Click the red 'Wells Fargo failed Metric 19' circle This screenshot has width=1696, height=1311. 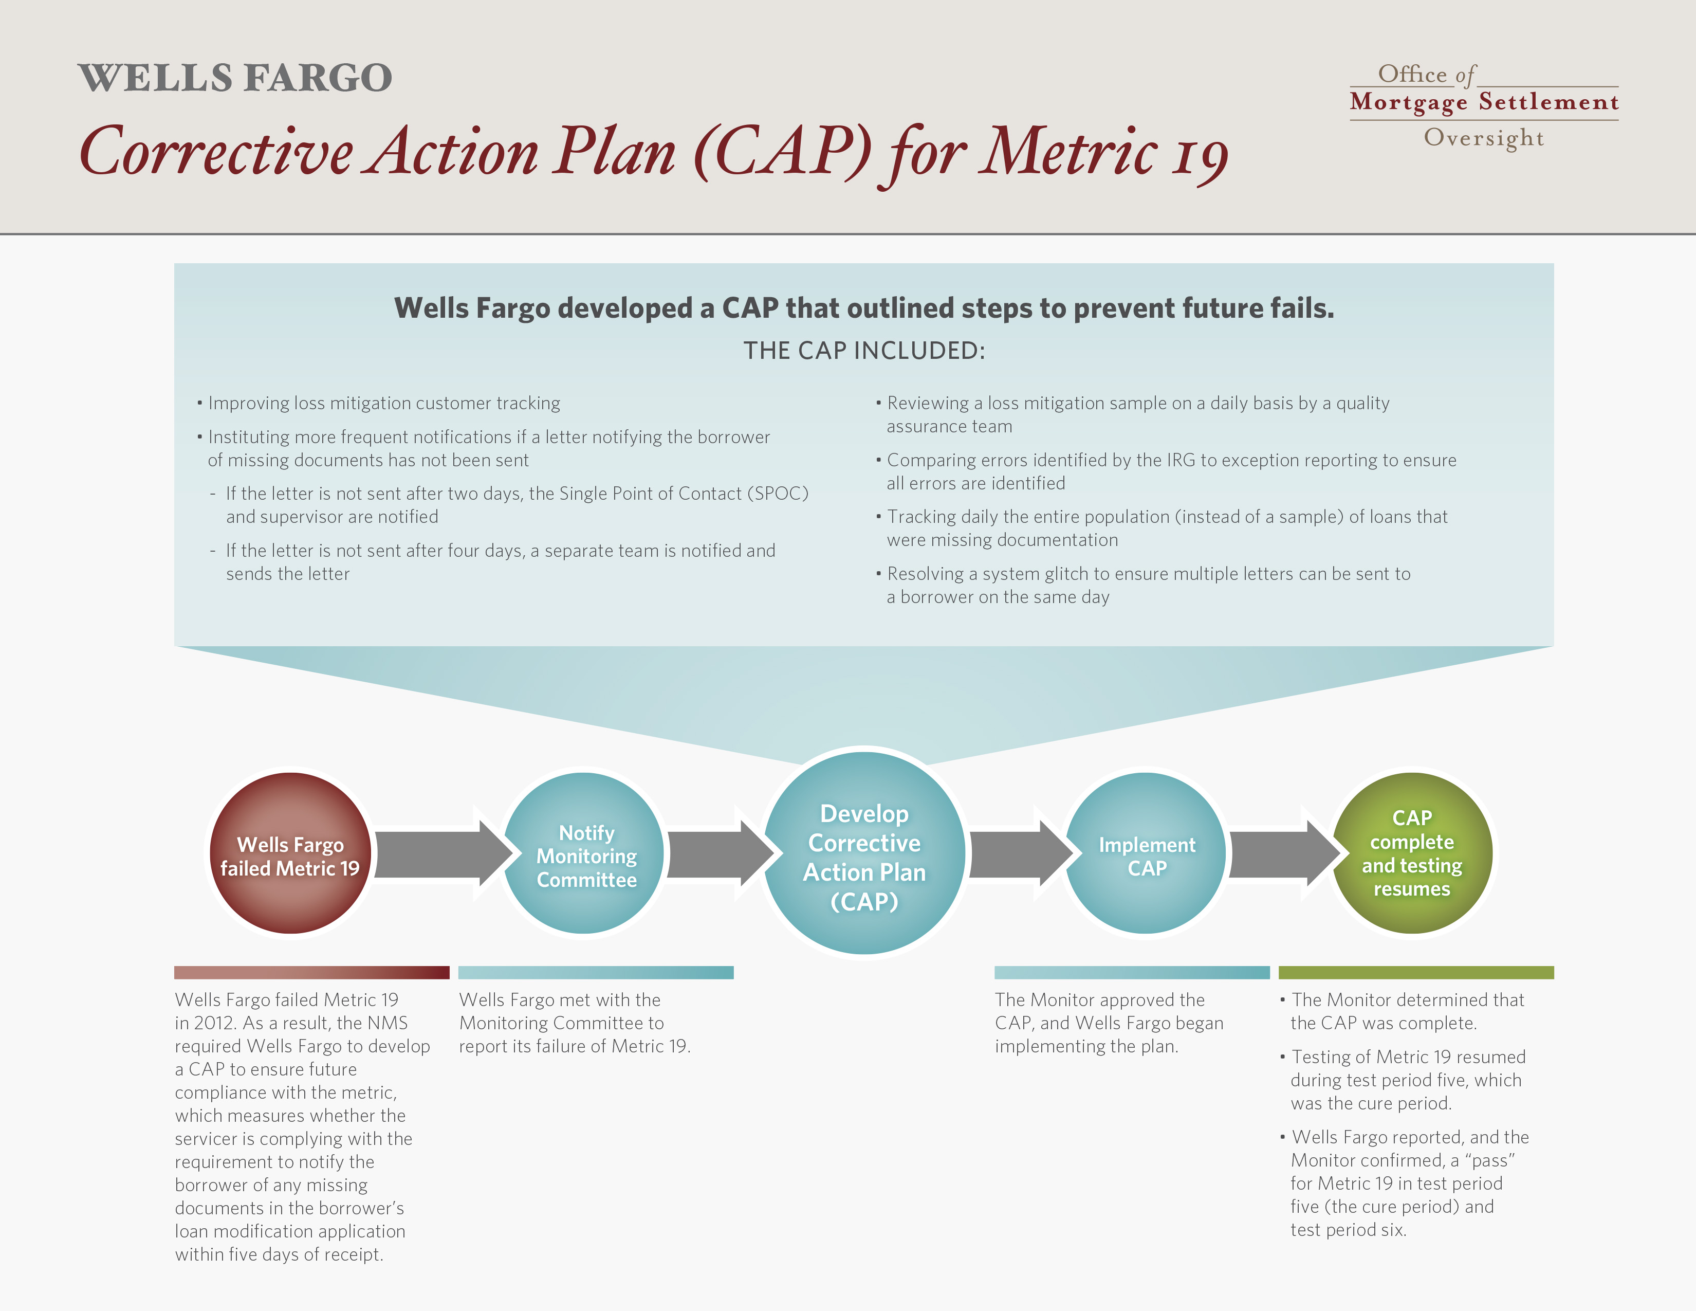coord(290,853)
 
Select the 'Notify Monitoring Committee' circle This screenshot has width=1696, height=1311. coord(584,853)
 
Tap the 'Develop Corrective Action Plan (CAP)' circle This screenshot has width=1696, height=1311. coord(864,853)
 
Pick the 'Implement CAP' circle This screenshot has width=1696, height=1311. coord(1146,853)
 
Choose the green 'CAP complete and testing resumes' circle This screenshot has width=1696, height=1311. coord(1412,853)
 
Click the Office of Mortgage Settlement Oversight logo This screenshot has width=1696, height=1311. coord(1484,105)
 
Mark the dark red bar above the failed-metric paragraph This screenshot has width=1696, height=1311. coord(311,972)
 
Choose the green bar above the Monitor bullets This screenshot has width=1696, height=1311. coord(1416,972)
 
